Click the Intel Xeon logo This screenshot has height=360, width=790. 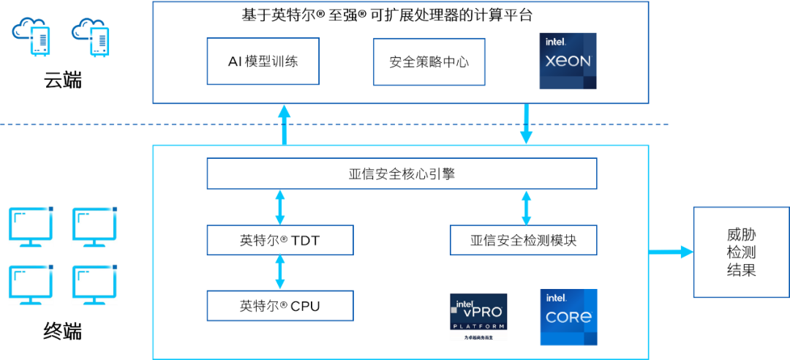[568, 61]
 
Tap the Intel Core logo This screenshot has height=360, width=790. [568, 317]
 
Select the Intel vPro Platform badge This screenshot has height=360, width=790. [478, 317]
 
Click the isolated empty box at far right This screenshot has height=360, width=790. [741, 252]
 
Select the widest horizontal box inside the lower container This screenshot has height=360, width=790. [402, 173]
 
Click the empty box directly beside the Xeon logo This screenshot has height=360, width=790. [429, 61]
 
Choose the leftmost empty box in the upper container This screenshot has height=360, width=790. [263, 61]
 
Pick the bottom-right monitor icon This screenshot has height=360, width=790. [94, 285]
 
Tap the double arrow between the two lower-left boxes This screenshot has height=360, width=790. [279, 272]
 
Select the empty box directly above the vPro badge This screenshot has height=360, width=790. [523, 240]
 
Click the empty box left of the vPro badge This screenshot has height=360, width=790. [279, 306]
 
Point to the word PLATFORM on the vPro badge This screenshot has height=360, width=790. [478, 325]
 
